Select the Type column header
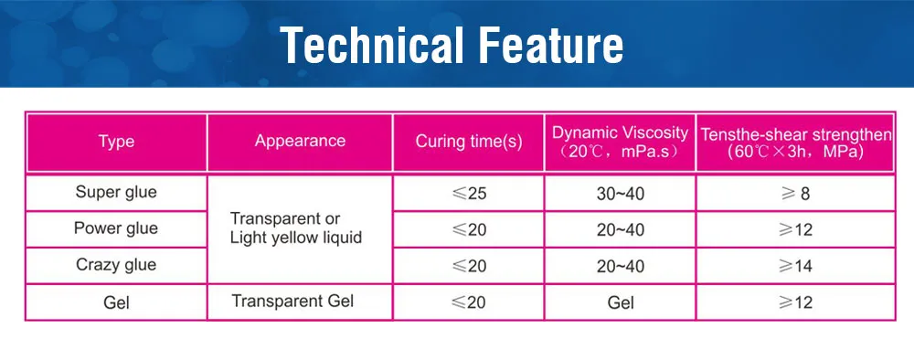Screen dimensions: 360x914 point(116,142)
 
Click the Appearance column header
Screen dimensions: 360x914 point(300,141)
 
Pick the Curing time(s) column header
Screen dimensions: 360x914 point(469,142)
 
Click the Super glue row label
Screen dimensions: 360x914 point(116,193)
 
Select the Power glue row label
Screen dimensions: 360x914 point(116,228)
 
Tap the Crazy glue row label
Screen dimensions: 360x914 point(116,265)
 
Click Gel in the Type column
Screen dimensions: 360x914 point(116,302)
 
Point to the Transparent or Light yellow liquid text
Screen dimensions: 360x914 point(296,228)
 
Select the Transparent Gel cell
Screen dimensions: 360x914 point(292,301)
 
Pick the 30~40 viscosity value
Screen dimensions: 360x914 point(621,194)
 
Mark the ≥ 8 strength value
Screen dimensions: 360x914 point(795,194)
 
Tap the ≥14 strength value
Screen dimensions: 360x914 point(795,266)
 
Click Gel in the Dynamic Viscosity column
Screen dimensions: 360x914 point(621,302)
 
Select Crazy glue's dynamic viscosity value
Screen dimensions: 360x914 point(621,266)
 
